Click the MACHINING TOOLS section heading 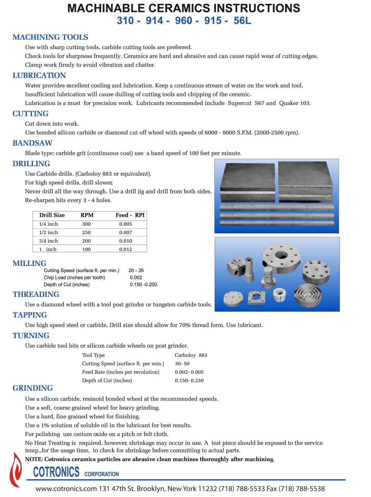point(50,37)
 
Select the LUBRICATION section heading point(39,75)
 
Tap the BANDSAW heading point(32,143)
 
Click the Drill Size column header point(52,215)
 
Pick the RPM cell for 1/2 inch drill point(86,233)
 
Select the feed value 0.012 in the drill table point(125,249)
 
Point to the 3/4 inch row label point(48,241)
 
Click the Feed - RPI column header point(130,215)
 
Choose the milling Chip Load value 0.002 point(136,278)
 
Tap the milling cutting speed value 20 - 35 point(136,271)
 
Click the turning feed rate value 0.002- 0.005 point(189,372)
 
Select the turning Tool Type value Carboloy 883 point(191,355)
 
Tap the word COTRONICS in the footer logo point(56,472)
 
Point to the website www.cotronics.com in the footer point(66,489)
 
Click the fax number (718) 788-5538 point(302,489)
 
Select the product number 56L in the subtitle point(242,21)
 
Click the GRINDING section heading point(32,388)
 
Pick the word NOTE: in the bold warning point(34,459)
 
